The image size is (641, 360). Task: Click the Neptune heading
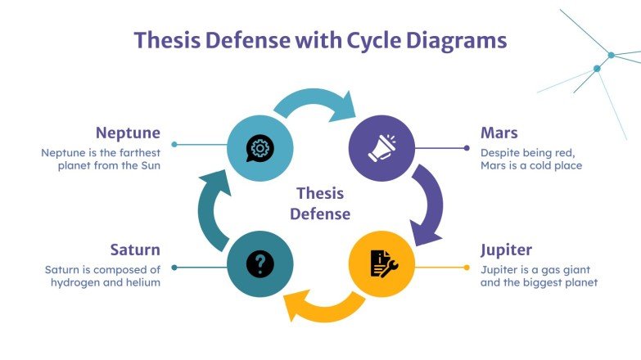(x=128, y=133)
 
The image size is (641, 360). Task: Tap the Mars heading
(x=499, y=133)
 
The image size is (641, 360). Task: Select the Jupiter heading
(x=506, y=250)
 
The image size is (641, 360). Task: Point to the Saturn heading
(x=135, y=250)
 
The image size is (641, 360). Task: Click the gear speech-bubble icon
(x=260, y=148)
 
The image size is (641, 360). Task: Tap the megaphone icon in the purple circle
(x=381, y=148)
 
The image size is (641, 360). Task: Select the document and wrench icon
(x=381, y=263)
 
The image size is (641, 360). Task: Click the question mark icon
(x=260, y=263)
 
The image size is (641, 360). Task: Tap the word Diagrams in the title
(x=459, y=40)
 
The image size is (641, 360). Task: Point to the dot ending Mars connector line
(x=467, y=148)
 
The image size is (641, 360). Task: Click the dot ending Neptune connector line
(x=174, y=145)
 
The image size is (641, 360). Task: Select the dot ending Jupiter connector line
(x=467, y=268)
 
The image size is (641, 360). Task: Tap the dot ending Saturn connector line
(x=174, y=268)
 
